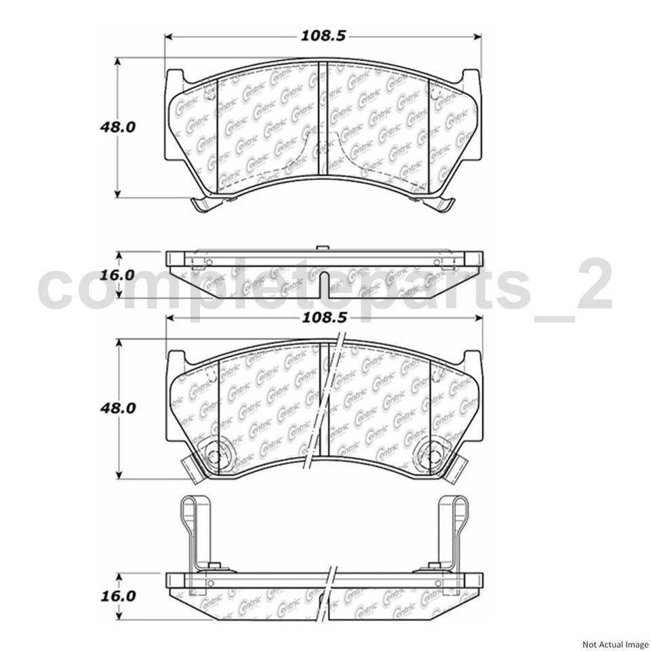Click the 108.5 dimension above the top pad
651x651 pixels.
click(x=324, y=36)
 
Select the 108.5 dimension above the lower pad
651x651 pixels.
click(x=324, y=317)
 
